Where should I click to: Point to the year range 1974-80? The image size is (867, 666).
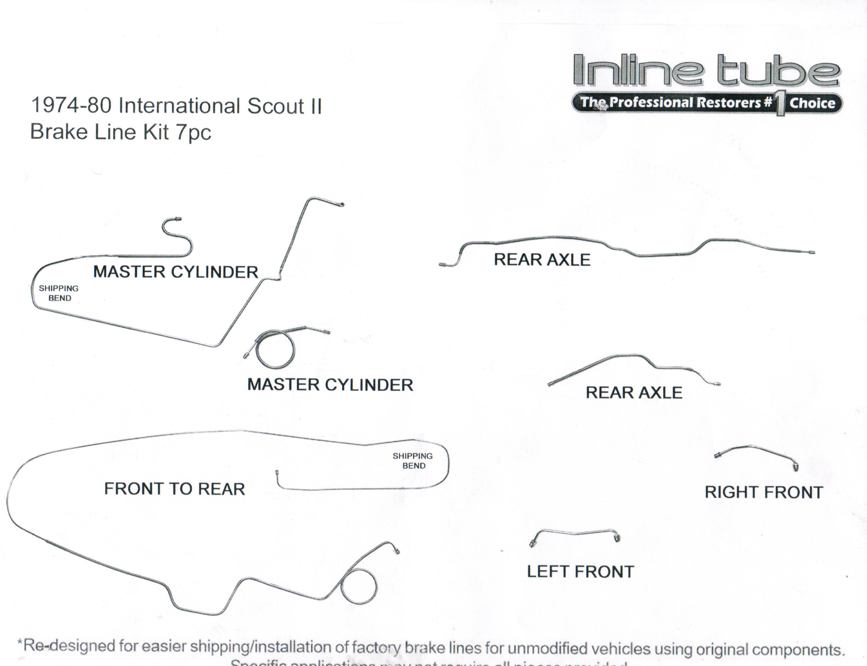click(71, 106)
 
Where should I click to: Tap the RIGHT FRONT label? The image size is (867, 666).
click(764, 492)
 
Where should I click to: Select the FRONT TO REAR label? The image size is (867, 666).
click(174, 489)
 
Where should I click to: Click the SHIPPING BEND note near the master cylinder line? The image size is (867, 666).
click(59, 293)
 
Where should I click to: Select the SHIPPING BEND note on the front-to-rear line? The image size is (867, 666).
click(413, 461)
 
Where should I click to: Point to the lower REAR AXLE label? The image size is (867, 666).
click(634, 392)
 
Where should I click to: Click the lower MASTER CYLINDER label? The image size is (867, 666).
click(330, 385)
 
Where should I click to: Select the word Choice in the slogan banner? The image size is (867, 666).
click(812, 103)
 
